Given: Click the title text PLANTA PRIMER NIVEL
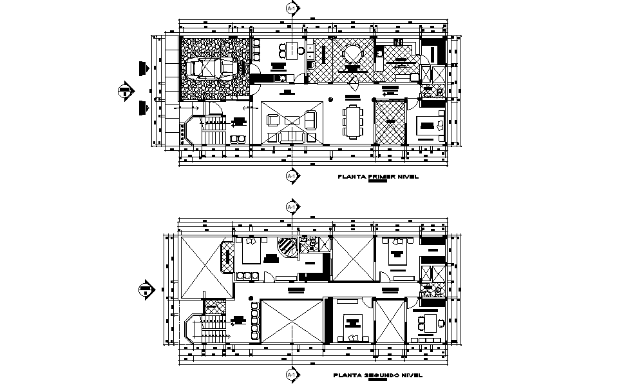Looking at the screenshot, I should (x=374, y=175).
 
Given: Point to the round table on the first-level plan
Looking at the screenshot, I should (x=352, y=53).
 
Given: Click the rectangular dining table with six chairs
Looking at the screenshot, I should (x=352, y=121).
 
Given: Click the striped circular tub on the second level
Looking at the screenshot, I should (x=286, y=246).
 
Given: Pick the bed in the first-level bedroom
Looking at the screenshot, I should (x=427, y=124).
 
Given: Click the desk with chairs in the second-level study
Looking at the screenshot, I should (x=428, y=320).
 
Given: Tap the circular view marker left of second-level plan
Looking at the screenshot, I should (x=146, y=290).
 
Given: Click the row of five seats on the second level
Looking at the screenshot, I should (x=254, y=321).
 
